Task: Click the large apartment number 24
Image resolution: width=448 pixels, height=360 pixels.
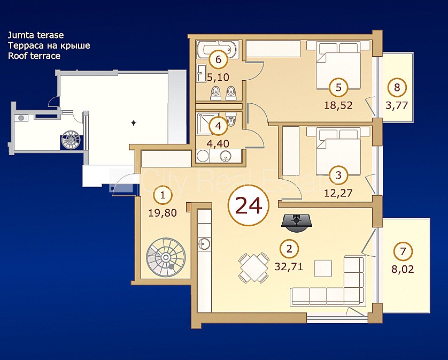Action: [x=248, y=205]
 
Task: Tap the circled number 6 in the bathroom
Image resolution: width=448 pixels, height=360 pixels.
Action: [x=218, y=59]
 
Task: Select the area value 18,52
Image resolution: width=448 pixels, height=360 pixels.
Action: [x=338, y=105]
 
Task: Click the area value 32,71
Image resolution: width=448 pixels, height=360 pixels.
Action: [x=289, y=266]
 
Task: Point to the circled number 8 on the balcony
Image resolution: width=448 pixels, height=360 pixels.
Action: [x=397, y=87]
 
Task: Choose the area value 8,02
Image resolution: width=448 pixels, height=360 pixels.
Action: [x=403, y=269]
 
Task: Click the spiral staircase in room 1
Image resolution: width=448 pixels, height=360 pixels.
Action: [x=166, y=258]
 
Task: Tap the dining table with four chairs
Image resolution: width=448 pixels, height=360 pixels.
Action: [x=254, y=267]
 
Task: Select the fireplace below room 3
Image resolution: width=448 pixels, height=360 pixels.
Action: [x=297, y=222]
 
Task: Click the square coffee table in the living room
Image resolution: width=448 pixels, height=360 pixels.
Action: [x=323, y=268]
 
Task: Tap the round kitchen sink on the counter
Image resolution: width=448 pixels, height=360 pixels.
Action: [x=204, y=243]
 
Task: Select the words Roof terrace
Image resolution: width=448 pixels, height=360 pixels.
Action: [x=34, y=56]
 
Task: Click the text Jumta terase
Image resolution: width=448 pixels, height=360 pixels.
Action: [x=36, y=35]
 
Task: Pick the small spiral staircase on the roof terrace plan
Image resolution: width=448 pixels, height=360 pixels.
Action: [x=72, y=140]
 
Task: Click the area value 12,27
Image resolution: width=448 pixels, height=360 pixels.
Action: [x=338, y=193]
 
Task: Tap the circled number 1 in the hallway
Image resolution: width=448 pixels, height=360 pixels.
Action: [x=163, y=195]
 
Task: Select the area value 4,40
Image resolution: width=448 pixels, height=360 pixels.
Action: [x=218, y=143]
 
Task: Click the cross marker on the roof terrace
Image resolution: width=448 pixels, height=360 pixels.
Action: [x=133, y=123]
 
